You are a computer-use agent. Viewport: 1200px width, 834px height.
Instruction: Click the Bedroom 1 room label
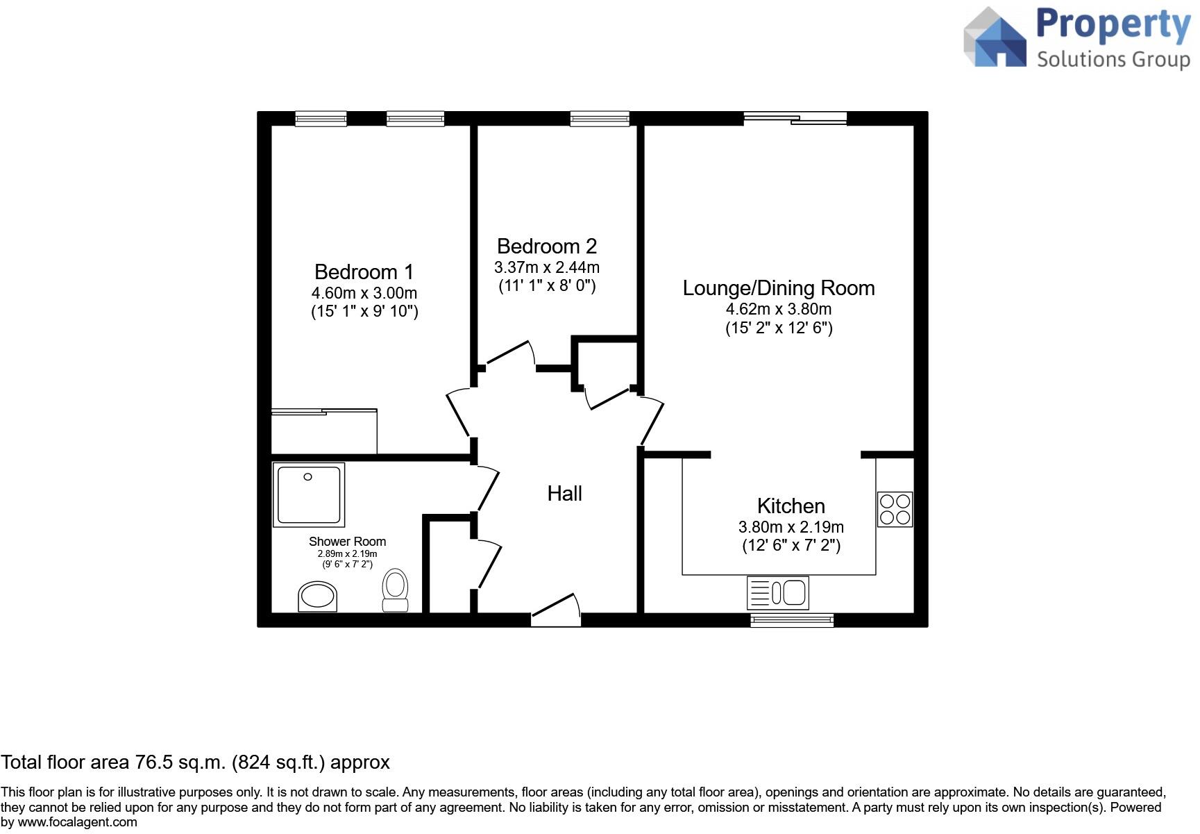(364, 272)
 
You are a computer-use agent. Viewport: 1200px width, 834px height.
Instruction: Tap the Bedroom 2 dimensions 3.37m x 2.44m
(547, 267)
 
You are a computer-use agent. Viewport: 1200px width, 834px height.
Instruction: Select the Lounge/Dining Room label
(778, 288)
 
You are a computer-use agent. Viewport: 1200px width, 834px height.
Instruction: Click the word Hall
(564, 494)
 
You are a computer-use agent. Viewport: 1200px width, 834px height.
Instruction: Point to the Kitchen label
(791, 506)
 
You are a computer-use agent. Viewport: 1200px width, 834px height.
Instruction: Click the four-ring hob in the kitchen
(895, 509)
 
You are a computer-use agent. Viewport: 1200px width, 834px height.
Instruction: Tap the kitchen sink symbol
(777, 593)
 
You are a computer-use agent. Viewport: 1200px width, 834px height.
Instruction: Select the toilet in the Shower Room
(396, 590)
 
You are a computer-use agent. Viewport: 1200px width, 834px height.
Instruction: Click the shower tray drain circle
(307, 476)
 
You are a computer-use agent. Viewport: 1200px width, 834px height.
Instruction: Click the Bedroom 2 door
(510, 353)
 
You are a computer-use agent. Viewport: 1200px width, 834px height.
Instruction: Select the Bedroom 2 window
(600, 119)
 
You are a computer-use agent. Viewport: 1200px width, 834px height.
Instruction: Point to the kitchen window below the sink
(792, 620)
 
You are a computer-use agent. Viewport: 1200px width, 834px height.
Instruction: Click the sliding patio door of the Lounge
(795, 119)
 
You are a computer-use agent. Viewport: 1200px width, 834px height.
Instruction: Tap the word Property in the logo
(1113, 25)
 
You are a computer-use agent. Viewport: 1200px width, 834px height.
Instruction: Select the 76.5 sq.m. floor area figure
(178, 762)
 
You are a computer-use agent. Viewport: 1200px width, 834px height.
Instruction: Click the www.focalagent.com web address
(77, 822)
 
